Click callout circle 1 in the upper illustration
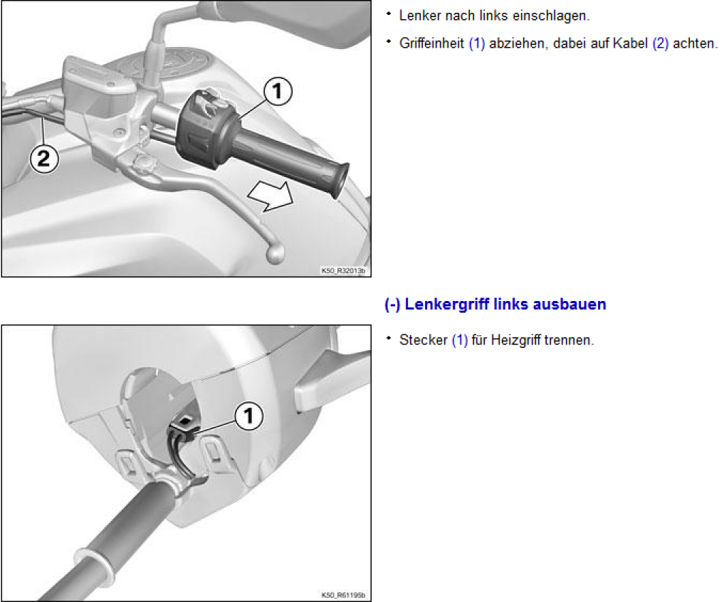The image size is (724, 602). [278, 91]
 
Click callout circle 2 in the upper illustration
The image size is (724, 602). [44, 159]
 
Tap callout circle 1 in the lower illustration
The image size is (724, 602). [249, 416]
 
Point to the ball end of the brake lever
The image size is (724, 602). [276, 254]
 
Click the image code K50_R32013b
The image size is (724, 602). [343, 270]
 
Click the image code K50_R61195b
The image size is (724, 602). [343, 595]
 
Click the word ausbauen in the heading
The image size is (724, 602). [570, 305]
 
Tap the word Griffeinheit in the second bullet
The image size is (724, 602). [431, 43]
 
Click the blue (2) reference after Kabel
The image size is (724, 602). [660, 43]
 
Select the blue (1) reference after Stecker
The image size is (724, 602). [460, 340]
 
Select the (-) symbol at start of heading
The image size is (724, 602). [392, 305]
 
